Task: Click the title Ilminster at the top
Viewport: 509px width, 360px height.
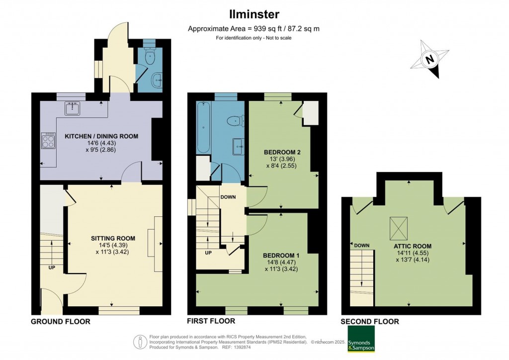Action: coord(254,14)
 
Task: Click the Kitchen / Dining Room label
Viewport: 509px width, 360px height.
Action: coord(101,136)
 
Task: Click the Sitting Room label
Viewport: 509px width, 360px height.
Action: coord(113,238)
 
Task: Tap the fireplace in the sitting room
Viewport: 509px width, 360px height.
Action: coord(158,244)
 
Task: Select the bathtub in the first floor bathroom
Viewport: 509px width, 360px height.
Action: coord(203,127)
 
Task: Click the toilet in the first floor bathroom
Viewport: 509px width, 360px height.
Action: coord(234,120)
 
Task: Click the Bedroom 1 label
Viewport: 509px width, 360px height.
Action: coord(281,255)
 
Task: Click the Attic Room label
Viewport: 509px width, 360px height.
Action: coord(411,246)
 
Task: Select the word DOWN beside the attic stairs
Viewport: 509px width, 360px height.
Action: coord(361,245)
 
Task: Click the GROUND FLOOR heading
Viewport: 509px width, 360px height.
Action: coord(61,322)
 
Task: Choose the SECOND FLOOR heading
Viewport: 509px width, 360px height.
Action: coord(369,322)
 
